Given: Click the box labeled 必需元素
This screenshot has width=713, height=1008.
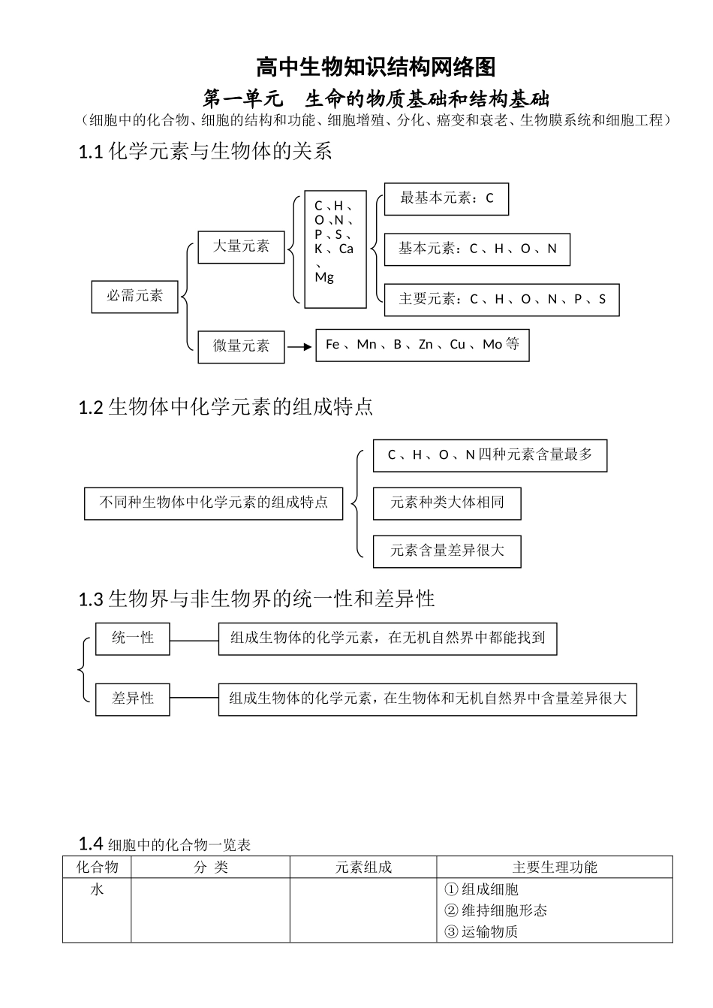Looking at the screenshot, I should [x=134, y=297].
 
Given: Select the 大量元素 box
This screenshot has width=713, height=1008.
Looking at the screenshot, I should [x=241, y=247].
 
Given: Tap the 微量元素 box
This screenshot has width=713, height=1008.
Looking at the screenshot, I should [x=241, y=346].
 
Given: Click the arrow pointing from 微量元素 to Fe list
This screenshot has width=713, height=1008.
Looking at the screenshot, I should [x=299, y=346].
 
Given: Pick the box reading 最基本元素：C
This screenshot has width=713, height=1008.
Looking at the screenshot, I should [x=446, y=199].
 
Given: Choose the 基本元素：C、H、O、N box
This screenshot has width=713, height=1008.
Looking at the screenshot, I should [x=477, y=249].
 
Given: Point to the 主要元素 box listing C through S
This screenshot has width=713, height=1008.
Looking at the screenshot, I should [x=501, y=300].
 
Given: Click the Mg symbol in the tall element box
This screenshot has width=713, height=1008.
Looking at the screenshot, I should [x=324, y=277].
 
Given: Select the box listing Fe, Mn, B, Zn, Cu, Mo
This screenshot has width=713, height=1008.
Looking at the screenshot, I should [x=422, y=345].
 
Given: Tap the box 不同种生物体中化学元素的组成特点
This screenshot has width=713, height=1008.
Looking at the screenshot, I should [x=213, y=502].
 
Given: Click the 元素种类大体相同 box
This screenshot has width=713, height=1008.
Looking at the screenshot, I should [x=447, y=502].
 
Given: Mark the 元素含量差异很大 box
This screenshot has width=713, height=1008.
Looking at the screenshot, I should [x=447, y=551].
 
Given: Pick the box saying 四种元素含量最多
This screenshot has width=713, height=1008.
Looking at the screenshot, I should [x=489, y=455].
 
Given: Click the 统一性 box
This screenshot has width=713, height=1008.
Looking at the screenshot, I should [x=133, y=638].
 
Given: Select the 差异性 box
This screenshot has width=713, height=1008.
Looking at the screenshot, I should [x=133, y=699].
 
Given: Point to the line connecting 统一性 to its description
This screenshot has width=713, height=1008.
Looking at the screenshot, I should [x=194, y=640].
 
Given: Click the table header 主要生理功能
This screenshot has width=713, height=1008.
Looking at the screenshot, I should [x=554, y=868].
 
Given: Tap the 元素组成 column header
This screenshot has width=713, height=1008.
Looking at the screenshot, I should [x=363, y=868].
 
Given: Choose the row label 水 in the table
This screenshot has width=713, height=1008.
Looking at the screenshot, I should [x=97, y=890].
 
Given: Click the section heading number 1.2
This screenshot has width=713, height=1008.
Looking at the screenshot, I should [x=90, y=408].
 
